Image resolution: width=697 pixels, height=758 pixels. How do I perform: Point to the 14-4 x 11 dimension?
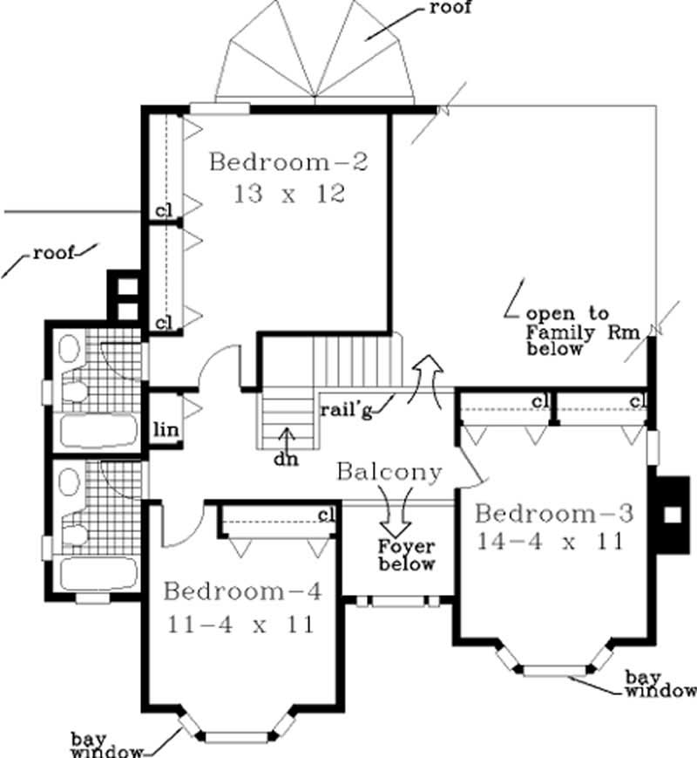coord(551,542)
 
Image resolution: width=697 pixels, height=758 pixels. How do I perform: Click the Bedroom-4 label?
coord(243,592)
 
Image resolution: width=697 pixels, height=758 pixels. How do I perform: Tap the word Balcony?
coord(389,472)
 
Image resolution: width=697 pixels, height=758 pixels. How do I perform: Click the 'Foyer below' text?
coord(406,556)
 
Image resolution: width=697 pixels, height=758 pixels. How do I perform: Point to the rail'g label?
coord(346,411)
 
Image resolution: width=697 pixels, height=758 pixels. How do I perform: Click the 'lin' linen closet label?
coord(166,429)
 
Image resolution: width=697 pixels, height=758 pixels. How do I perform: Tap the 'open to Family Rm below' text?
coord(567,331)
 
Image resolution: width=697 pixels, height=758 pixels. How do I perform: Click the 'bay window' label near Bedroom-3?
coord(660,685)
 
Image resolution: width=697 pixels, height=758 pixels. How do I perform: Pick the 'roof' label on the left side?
coord(53,255)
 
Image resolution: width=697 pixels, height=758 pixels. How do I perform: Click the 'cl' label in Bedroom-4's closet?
coord(327,515)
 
